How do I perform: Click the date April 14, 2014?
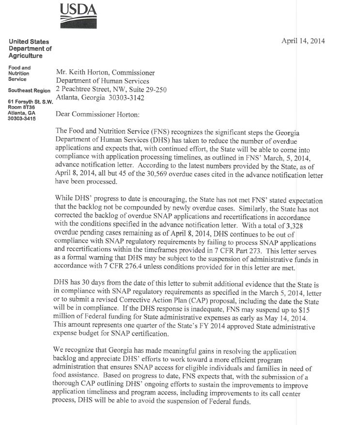(303, 41)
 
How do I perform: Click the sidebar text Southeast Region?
(30, 91)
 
